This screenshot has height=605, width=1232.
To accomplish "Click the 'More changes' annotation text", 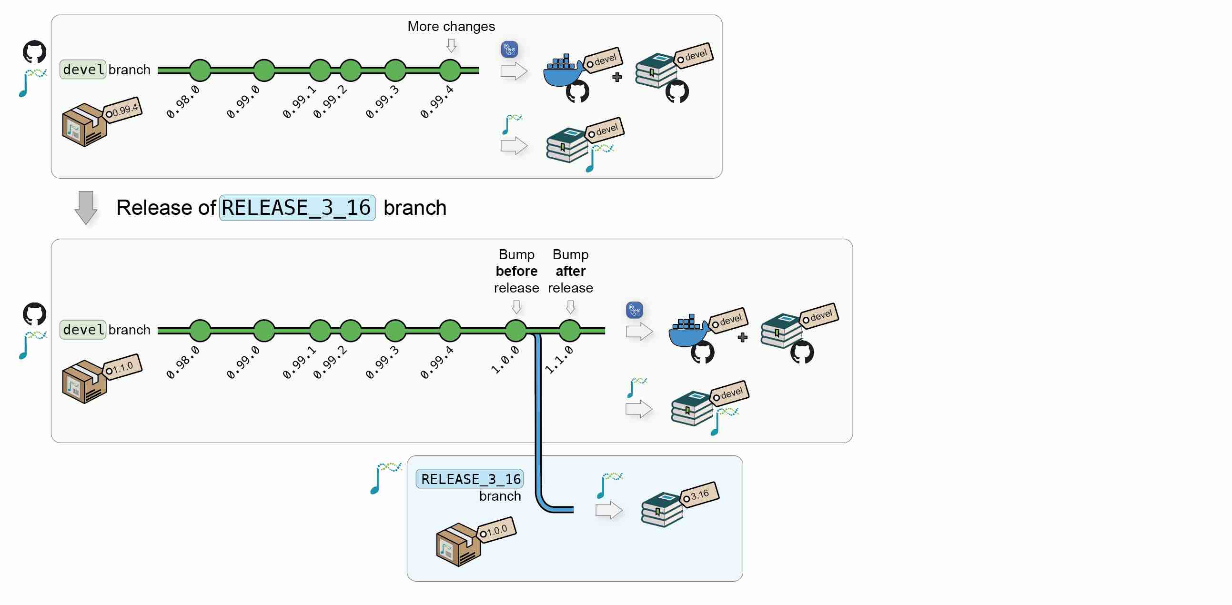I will [451, 26].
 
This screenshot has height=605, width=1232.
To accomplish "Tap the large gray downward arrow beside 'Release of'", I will [86, 208].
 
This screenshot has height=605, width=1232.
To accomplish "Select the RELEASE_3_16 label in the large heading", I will [296, 208].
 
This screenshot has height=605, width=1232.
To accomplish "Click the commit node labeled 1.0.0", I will [515, 330].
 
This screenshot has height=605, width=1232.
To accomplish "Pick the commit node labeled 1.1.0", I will [569, 330].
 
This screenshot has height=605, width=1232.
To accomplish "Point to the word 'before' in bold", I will [516, 271].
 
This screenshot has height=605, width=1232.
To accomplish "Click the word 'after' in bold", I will [570, 271].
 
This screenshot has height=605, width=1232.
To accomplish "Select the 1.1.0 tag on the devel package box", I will [122, 367].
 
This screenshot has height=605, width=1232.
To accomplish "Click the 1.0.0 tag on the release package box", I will [496, 530].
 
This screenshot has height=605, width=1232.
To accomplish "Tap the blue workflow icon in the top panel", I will [509, 49].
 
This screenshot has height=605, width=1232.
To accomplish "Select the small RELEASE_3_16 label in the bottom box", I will [470, 479].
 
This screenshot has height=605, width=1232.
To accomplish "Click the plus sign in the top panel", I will [617, 77].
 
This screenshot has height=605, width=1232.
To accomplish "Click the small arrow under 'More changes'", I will [451, 46].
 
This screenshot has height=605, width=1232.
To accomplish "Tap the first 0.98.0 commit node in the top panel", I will [200, 71].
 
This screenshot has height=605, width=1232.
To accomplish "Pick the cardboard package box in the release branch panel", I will [458, 545].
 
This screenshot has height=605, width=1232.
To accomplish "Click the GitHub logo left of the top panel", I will [34, 51].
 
